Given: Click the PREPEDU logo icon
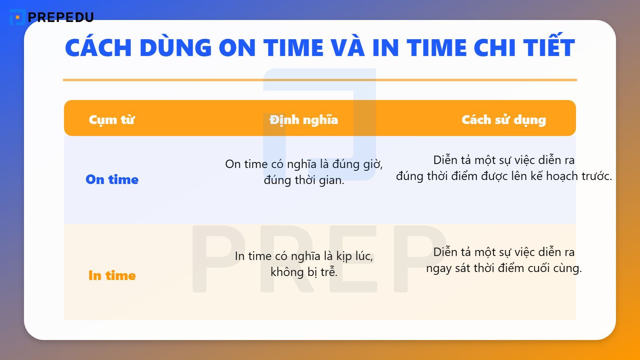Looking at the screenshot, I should pos(17,17).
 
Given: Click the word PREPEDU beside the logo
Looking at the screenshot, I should pos(61,17).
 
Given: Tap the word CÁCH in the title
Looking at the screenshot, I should pos(98,48).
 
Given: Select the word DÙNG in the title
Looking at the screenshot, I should pos(176,48).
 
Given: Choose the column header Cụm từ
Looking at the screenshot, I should pos(112,120).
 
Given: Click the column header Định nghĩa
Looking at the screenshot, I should pos(304,120).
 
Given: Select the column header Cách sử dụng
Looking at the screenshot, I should pos(504,120).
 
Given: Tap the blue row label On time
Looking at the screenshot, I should pos(112,180).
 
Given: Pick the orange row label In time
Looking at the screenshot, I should pos(112,276).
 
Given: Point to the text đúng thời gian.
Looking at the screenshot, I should pos(304,180).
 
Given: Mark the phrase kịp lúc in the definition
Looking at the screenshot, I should pos(354,256).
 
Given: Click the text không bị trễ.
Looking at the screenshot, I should pos(304,272).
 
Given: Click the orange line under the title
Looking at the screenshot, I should pos(320,80).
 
